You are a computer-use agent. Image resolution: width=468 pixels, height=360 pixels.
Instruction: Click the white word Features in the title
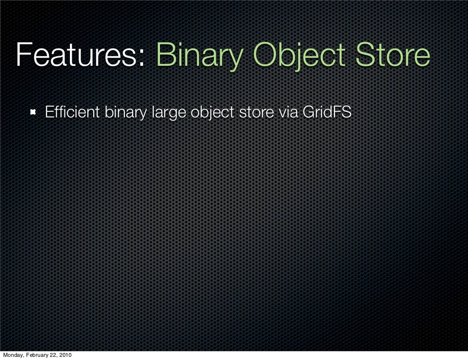click(78, 56)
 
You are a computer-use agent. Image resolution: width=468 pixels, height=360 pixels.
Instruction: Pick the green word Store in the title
click(393, 56)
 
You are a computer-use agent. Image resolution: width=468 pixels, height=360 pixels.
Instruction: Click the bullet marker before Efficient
click(33, 112)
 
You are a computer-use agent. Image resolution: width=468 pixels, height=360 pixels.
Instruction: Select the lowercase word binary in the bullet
click(123, 112)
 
